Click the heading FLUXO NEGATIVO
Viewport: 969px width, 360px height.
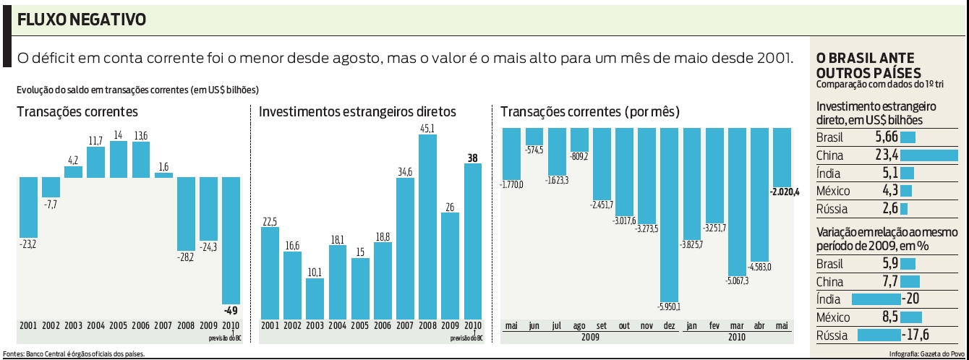pyautogui.click(x=81, y=20)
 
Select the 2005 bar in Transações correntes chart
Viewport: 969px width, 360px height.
pyautogui.click(x=119, y=159)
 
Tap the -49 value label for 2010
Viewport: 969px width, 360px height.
pyautogui.click(x=230, y=309)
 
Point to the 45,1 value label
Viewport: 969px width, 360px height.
pyautogui.click(x=427, y=129)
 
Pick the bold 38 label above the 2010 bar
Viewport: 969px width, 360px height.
pyautogui.click(x=472, y=157)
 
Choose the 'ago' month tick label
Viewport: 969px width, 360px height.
pyautogui.click(x=579, y=326)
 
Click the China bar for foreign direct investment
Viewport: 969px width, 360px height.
pyautogui.click(x=929, y=155)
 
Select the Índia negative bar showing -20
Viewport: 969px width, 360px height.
pyautogui.click(x=876, y=299)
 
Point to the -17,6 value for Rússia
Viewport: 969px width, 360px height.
pyautogui.click(x=915, y=335)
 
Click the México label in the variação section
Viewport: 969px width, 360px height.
pyautogui.click(x=832, y=317)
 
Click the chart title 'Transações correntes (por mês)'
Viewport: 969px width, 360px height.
pyautogui.click(x=589, y=112)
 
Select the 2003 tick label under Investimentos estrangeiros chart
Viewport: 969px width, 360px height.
pyautogui.click(x=315, y=326)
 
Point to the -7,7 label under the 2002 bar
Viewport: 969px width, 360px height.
pyautogui.click(x=51, y=205)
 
